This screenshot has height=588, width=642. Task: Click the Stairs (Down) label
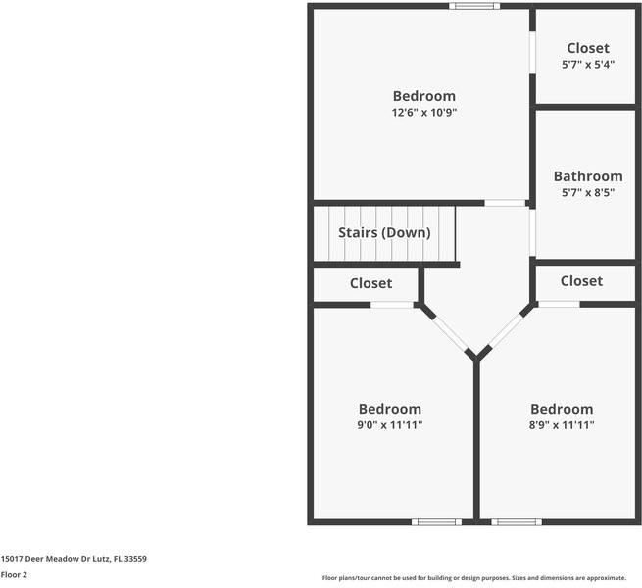click(383, 232)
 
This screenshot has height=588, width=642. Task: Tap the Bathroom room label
click(587, 176)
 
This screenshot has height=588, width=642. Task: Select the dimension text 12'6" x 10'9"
click(423, 113)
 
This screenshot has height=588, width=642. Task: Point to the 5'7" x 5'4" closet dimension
click(587, 65)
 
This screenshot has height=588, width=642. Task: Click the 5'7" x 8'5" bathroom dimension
click(587, 193)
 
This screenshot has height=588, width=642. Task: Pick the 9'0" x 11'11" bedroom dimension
click(389, 425)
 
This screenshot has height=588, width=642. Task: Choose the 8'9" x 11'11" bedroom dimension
click(562, 425)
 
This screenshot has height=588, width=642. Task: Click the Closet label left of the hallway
click(370, 283)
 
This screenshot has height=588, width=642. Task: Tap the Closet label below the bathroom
click(581, 281)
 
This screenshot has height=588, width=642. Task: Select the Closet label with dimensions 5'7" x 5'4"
click(587, 48)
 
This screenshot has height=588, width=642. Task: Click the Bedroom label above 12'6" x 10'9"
click(423, 96)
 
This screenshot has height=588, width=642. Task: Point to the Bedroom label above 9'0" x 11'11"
click(389, 409)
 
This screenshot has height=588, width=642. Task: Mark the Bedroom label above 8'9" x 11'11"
click(562, 409)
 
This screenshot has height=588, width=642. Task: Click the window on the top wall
click(474, 6)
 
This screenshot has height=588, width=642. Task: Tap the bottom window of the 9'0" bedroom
click(436, 521)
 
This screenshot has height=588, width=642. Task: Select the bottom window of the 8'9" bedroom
click(516, 521)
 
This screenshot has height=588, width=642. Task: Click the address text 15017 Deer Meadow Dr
click(74, 558)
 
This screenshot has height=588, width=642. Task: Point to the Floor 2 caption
click(14, 575)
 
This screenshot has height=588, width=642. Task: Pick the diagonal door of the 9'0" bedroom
click(450, 332)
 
